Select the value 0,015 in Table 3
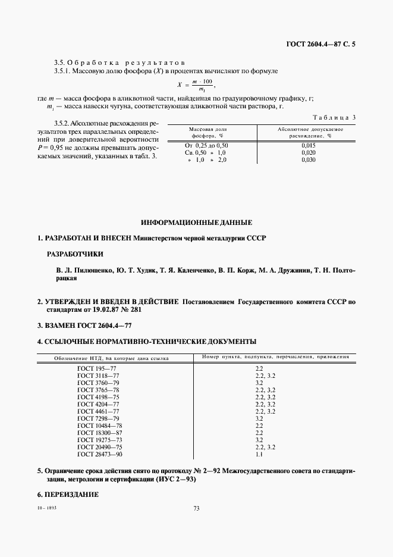307,145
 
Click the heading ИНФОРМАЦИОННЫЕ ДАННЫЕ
196,223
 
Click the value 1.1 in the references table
259,455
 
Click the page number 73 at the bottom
196,508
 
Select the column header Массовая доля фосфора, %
207,132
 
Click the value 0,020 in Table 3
307,153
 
